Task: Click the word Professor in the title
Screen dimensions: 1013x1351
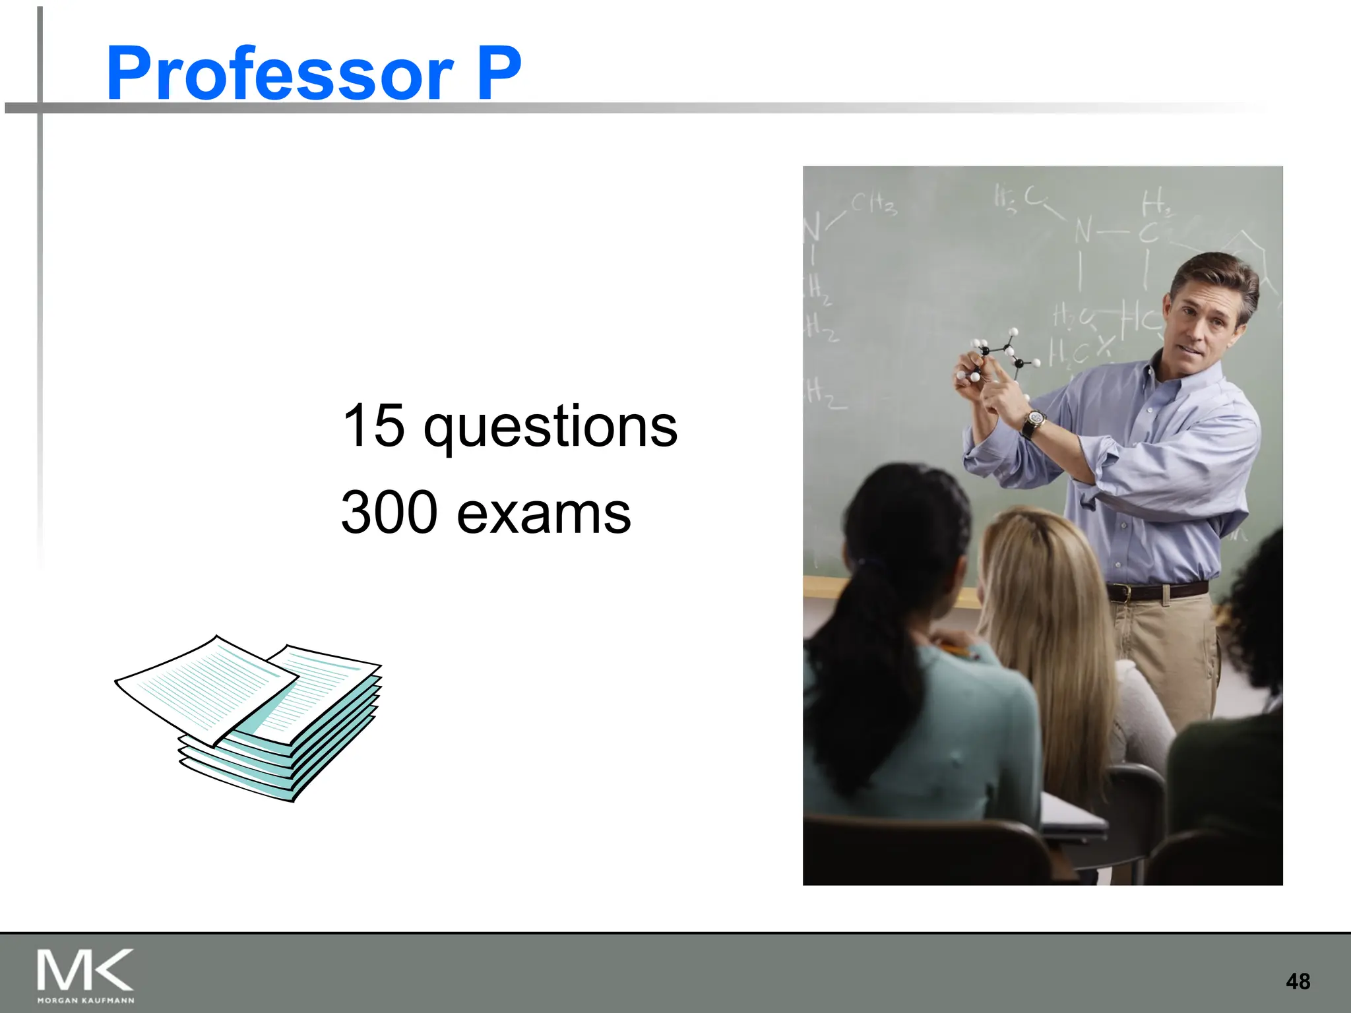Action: pos(280,74)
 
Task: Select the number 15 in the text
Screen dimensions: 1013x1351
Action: pos(373,425)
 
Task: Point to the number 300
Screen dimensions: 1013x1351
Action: pos(389,512)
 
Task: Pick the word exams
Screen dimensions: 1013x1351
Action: pos(544,514)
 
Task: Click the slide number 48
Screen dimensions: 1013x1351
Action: pos(1298,981)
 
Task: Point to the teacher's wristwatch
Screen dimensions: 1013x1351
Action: pos(1033,421)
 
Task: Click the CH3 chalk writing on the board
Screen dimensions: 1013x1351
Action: pos(873,203)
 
